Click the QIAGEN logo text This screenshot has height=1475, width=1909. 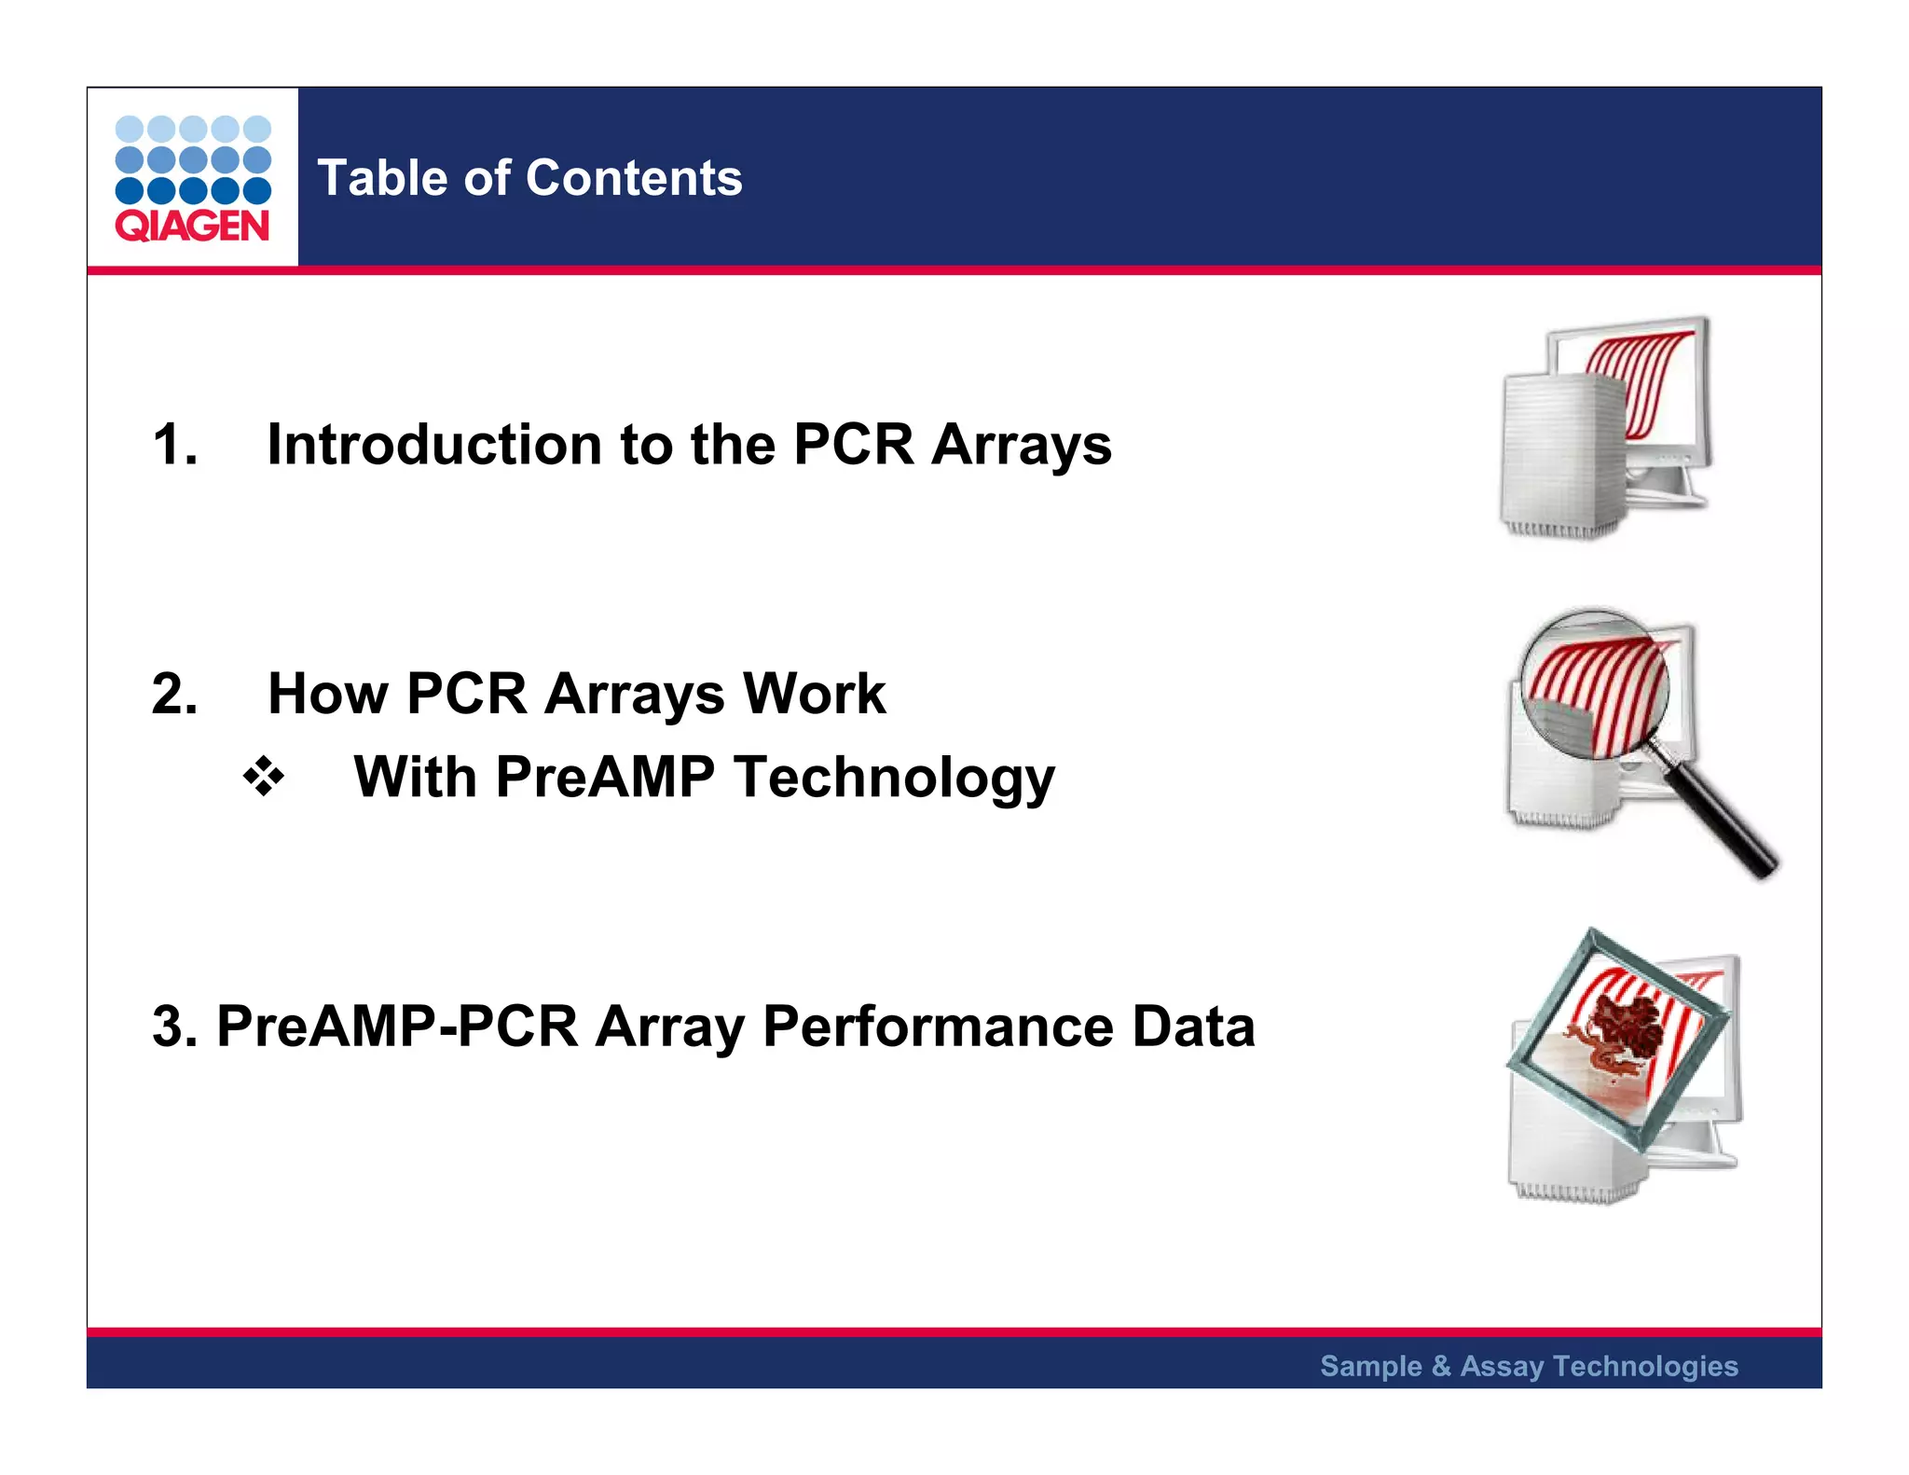tap(192, 226)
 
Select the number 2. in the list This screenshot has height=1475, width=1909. tap(175, 694)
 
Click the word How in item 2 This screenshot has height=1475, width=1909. tap(326, 694)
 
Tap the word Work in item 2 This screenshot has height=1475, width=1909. tap(814, 694)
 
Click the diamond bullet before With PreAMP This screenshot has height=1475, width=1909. tap(264, 777)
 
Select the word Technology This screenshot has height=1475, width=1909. tap(894, 779)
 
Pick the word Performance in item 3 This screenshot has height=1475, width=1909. tap(938, 1027)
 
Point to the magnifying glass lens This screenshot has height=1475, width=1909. tap(1594, 685)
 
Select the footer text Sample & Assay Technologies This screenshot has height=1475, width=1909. tap(1529, 1366)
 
